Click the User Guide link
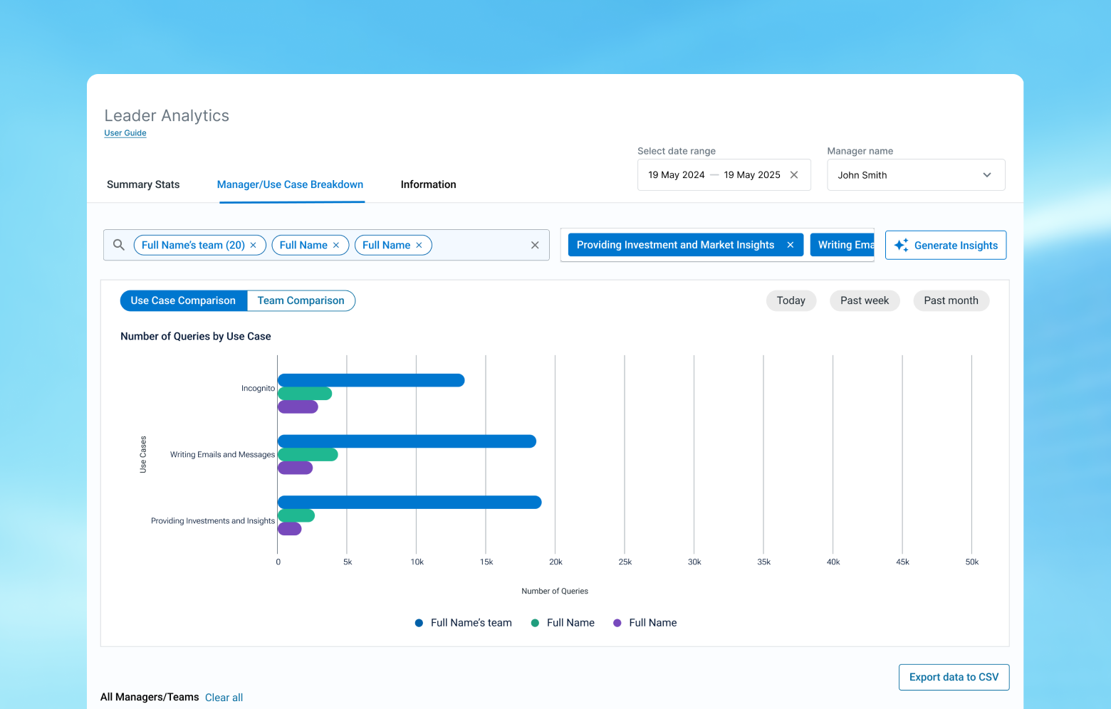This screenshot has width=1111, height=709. tap(125, 133)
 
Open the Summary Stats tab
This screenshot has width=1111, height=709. tap(143, 184)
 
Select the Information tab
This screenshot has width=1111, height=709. tap(428, 184)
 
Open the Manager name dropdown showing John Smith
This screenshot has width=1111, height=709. tap(916, 175)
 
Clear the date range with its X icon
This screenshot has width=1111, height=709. tap(793, 175)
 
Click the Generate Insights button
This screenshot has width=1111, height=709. tap(945, 245)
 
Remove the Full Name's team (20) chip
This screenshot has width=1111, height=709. tap(253, 246)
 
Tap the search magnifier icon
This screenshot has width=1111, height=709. tap(118, 245)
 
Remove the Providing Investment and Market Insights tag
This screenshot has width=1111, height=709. tap(790, 245)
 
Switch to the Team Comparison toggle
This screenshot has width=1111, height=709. tap(301, 300)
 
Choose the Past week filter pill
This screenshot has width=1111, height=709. tap(865, 300)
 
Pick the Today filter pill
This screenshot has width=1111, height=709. tap(791, 300)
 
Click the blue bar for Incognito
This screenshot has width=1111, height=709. tap(371, 380)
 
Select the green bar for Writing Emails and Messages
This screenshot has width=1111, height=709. tap(308, 455)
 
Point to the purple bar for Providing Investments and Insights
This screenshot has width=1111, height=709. tap(290, 529)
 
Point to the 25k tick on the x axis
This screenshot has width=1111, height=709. tap(625, 562)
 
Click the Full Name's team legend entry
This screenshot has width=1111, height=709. tap(463, 623)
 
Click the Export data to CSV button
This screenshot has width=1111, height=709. tap(954, 677)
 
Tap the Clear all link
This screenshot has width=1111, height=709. tap(224, 698)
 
